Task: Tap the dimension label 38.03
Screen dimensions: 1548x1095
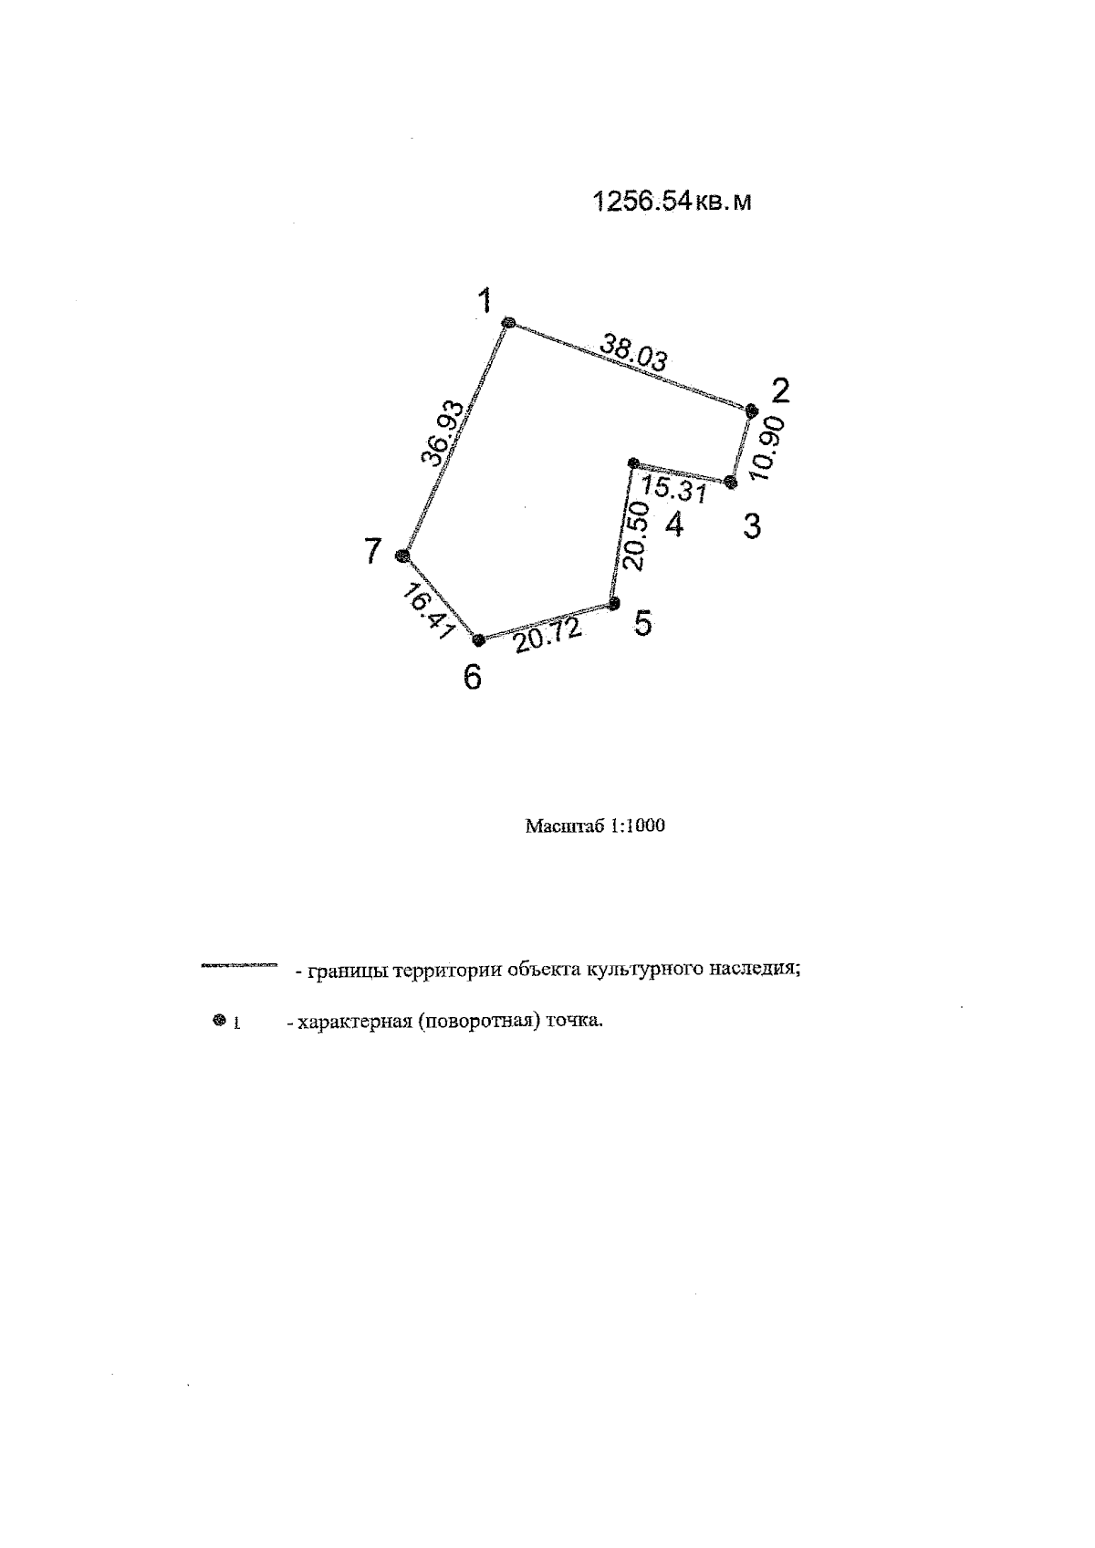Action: click(x=633, y=352)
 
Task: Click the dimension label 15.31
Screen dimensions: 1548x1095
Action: click(x=674, y=490)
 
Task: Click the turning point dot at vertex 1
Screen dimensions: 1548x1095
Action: click(x=509, y=322)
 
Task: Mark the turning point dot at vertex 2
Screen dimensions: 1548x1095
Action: click(x=752, y=410)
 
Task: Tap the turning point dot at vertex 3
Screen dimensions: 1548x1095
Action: click(x=731, y=482)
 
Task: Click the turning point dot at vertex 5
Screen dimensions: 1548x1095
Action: click(x=614, y=604)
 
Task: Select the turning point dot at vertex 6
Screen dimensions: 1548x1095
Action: click(x=479, y=639)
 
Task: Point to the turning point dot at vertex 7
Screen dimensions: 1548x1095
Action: click(x=401, y=556)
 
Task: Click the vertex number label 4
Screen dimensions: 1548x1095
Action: click(x=674, y=525)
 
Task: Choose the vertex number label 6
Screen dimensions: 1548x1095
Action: click(x=472, y=678)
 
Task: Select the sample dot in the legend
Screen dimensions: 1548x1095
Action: click(x=219, y=1020)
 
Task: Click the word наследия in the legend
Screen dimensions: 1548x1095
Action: click(x=756, y=969)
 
